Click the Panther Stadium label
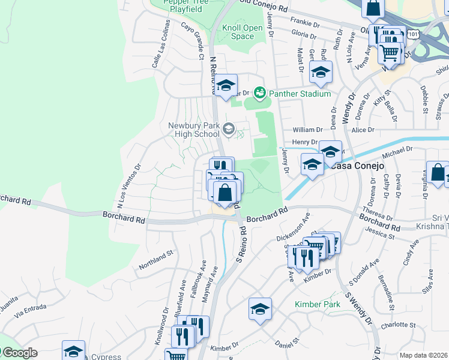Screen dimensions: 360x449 [x=300, y=94]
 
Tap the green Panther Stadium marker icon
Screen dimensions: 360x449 [x=260, y=93]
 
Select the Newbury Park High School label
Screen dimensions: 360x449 [x=193, y=129]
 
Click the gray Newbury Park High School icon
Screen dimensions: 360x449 [x=228, y=128]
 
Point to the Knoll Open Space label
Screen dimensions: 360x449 [x=243, y=32]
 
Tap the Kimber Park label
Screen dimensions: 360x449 [x=318, y=304]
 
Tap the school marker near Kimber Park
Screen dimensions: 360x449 [x=261, y=310]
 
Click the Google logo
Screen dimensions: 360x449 [x=19, y=353]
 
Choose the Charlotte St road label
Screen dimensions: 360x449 [x=397, y=325]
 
